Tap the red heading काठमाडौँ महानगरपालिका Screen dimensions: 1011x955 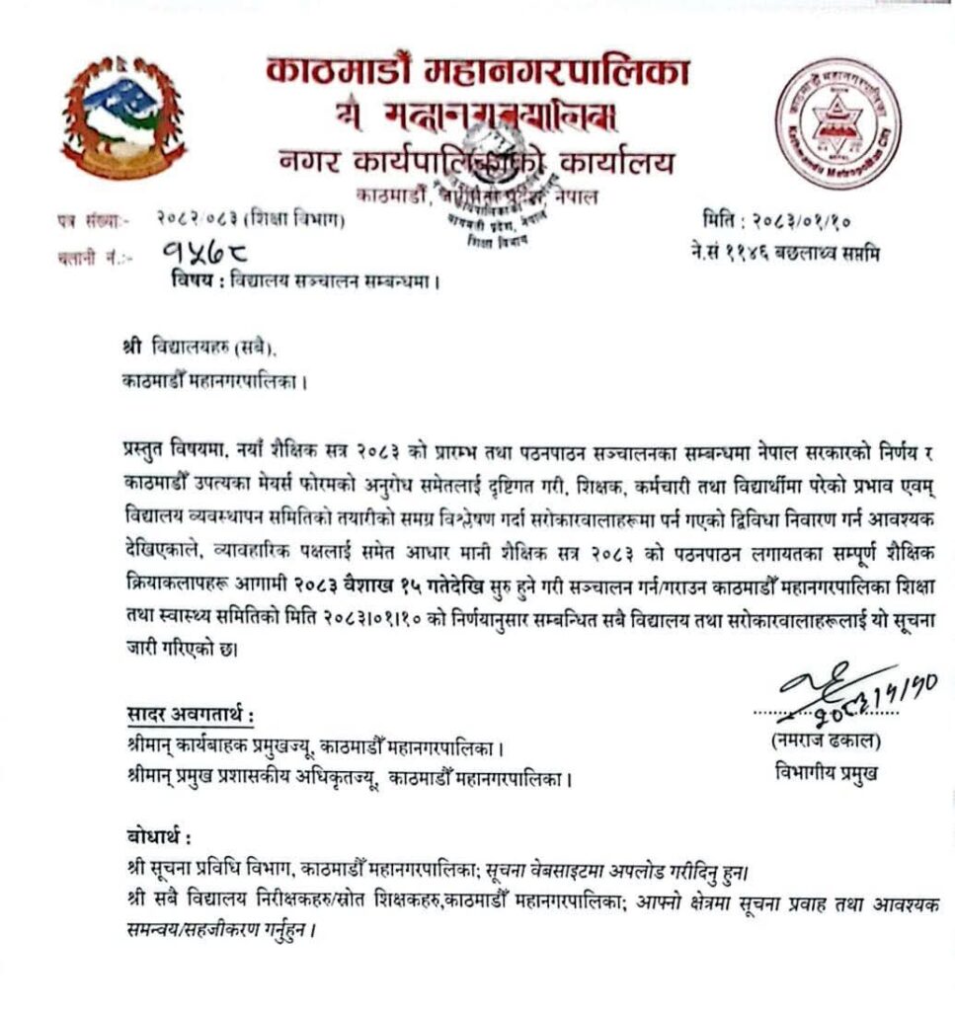click(x=477, y=72)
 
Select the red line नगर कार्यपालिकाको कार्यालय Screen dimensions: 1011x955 click(x=477, y=161)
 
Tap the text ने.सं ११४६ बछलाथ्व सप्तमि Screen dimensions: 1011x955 click(x=785, y=254)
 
